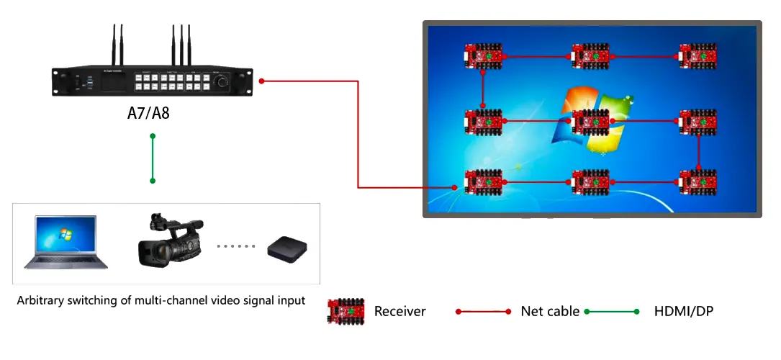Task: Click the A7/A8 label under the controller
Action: pyautogui.click(x=148, y=114)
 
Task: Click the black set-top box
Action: pyautogui.click(x=289, y=249)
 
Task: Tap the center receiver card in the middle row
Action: pyautogui.click(x=591, y=122)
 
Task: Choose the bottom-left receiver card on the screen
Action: pyautogui.click(x=483, y=181)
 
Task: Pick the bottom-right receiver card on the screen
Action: pyautogui.click(x=698, y=181)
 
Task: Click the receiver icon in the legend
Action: pyautogui.click(x=346, y=311)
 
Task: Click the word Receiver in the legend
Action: pyautogui.click(x=399, y=312)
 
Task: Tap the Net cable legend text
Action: pyautogui.click(x=550, y=312)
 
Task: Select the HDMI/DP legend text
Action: pyautogui.click(x=684, y=312)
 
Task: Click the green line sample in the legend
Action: pyautogui.click(x=612, y=312)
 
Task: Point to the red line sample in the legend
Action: pyautogui.click(x=483, y=312)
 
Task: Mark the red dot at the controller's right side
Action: pyautogui.click(x=262, y=81)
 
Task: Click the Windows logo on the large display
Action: pyautogui.click(x=590, y=119)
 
